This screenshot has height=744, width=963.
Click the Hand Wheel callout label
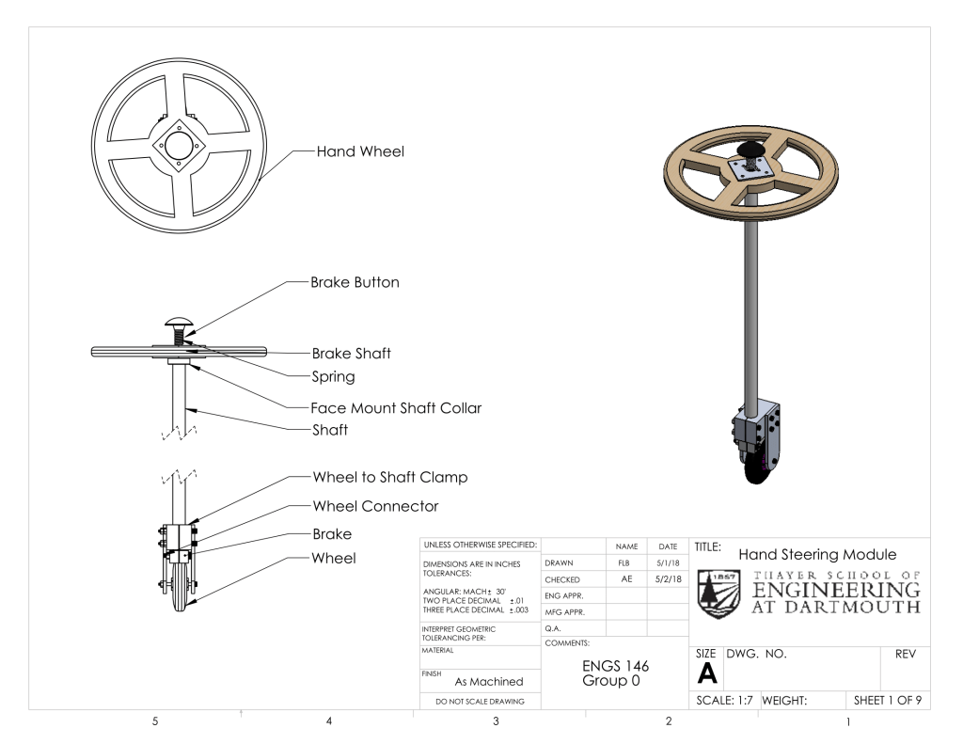coord(360,151)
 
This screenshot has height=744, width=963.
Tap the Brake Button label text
coord(355,282)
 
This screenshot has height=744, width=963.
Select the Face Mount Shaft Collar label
coord(396,408)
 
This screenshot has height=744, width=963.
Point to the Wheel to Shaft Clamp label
coord(390,478)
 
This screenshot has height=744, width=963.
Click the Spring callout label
coord(334,376)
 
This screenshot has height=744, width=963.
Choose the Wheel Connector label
coord(375,506)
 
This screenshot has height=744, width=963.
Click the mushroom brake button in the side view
coord(179,324)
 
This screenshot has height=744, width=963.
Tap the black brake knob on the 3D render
coord(751,150)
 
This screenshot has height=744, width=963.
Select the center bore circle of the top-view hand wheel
coord(179,146)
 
